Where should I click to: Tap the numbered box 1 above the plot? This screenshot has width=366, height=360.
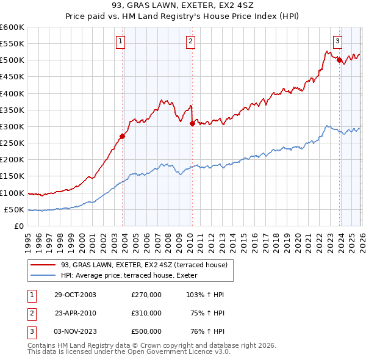(x=121, y=41)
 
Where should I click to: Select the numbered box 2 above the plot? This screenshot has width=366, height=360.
(x=190, y=41)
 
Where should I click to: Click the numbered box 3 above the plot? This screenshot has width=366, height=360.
(x=337, y=41)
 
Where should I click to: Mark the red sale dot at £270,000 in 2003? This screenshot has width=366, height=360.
(x=123, y=137)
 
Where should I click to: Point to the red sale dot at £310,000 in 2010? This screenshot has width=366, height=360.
(x=192, y=123)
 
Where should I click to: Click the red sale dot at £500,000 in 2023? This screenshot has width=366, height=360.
(x=339, y=60)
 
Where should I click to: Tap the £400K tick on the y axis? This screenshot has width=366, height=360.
(x=13, y=93)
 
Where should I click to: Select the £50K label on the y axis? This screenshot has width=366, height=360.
(x=15, y=209)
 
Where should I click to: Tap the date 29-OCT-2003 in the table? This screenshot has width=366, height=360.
(x=75, y=295)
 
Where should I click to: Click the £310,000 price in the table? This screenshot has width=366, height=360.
(x=146, y=313)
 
